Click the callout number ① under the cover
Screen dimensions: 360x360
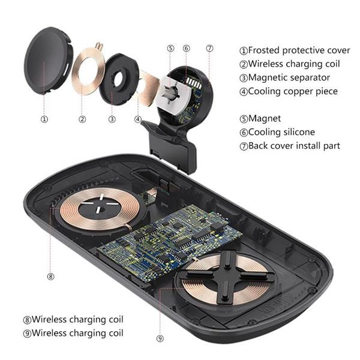[44, 119]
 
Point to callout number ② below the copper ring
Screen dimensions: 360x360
[82, 119]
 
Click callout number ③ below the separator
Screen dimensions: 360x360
[112, 119]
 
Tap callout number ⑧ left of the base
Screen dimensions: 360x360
[50, 277]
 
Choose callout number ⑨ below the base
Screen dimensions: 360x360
[160, 339]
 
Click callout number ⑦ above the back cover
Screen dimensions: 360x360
[209, 49]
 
